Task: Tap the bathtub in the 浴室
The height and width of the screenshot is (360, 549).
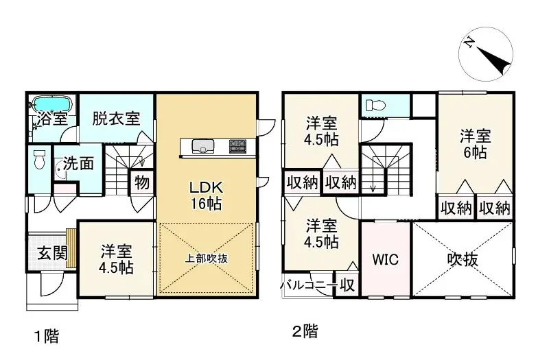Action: [x=51, y=105]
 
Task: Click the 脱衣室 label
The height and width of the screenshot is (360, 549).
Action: [x=116, y=117]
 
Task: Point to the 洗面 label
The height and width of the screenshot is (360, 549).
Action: [x=79, y=165]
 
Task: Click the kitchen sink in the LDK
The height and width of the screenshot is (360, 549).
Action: [x=203, y=146]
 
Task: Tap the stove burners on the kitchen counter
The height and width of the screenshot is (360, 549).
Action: [x=237, y=146]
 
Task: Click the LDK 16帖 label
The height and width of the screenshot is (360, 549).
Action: [x=206, y=194]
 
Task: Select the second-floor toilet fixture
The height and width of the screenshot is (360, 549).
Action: [x=375, y=106]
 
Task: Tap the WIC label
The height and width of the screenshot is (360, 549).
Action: [x=386, y=261]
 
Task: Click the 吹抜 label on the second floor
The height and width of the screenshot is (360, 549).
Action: [x=463, y=260]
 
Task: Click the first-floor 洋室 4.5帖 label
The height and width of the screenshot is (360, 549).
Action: [x=116, y=259]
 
